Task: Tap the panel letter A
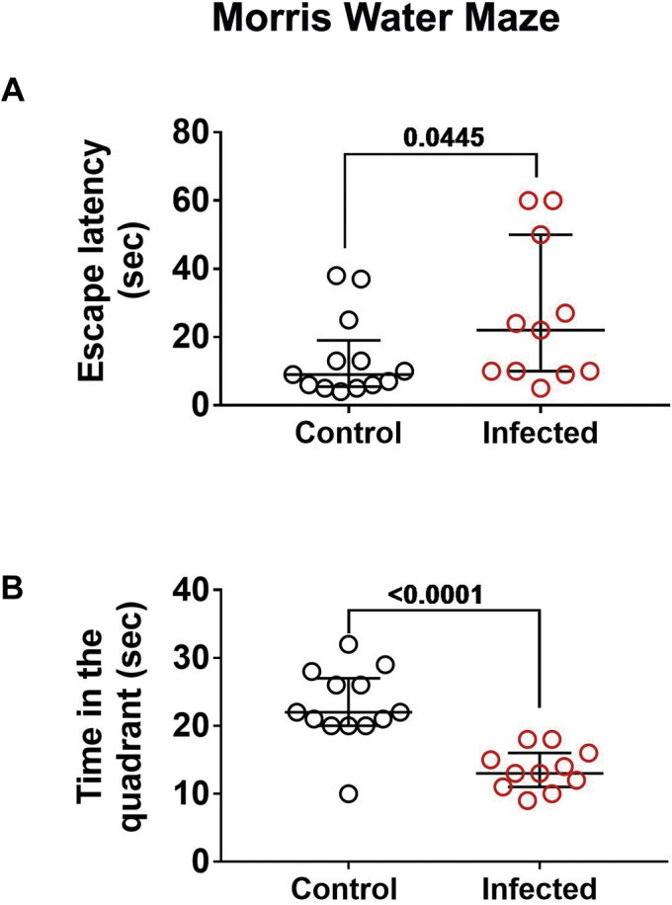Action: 13,92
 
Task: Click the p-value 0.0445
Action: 442,137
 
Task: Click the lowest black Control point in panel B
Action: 348,793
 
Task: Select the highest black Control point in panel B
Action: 348,644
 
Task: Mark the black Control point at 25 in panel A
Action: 348,319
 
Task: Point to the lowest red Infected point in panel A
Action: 540,387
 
